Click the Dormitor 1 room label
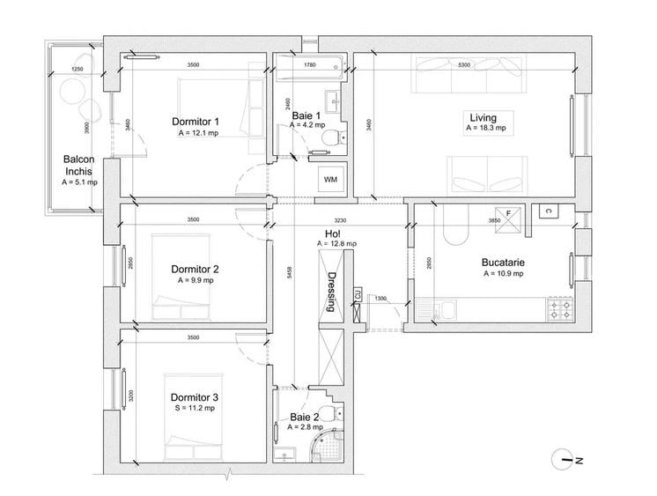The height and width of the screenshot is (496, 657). (195, 122)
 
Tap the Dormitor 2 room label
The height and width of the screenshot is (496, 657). (195, 269)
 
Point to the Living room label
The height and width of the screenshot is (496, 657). (483, 117)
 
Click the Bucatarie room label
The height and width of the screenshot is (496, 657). (503, 263)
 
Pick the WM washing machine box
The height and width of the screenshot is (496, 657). (331, 180)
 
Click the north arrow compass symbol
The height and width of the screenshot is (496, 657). (565, 459)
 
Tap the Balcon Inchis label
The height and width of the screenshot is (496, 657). (79, 166)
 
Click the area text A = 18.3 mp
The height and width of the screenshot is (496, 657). (486, 129)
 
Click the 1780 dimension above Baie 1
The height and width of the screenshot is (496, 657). (310, 65)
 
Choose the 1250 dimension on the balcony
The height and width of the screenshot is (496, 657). (77, 69)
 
